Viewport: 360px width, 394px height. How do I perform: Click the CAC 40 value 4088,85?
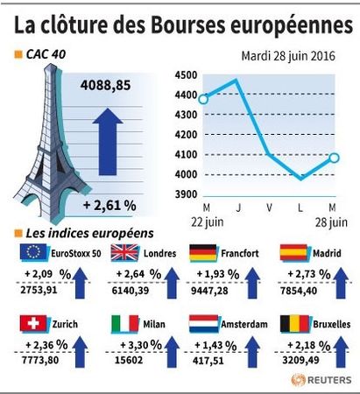click(x=105, y=86)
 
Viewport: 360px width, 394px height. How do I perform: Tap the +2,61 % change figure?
click(x=109, y=206)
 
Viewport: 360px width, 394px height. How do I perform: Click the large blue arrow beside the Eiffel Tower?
click(x=108, y=142)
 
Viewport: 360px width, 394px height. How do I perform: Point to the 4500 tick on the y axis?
click(x=186, y=75)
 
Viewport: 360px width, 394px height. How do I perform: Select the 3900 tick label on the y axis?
click(x=186, y=194)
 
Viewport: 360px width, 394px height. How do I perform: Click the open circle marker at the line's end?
click(x=334, y=158)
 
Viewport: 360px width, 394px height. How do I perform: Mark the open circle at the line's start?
click(x=203, y=99)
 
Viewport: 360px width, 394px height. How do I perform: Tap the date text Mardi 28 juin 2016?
click(x=288, y=56)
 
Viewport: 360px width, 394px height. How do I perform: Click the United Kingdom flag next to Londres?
click(x=124, y=252)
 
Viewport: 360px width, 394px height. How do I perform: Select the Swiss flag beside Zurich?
click(x=33, y=323)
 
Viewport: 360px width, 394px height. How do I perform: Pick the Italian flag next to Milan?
click(x=125, y=323)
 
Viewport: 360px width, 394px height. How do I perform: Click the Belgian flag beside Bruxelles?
click(x=294, y=324)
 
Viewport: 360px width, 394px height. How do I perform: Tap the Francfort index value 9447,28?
click(x=209, y=291)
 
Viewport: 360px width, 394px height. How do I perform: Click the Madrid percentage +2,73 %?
click(x=309, y=274)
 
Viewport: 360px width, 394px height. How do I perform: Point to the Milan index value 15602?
click(x=129, y=360)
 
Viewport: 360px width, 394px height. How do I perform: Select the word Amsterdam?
click(x=244, y=324)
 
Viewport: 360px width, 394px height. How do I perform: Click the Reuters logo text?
click(x=329, y=380)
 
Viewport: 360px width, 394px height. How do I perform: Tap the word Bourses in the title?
click(x=188, y=25)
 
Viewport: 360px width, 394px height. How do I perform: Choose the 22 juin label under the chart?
click(x=208, y=222)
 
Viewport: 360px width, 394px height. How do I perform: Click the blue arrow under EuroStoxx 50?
click(x=80, y=284)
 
